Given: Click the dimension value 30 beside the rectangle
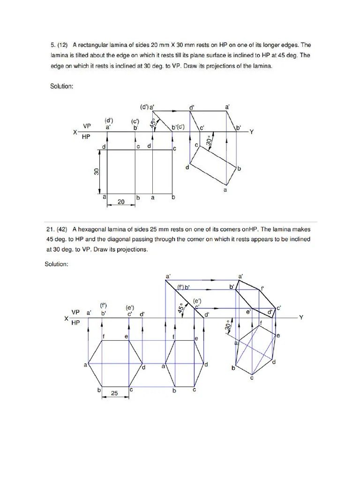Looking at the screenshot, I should [97, 172].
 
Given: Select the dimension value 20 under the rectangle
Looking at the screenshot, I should [120, 202].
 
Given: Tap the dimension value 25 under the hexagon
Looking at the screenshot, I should [115, 394].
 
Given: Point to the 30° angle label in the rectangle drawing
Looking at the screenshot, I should [209, 140].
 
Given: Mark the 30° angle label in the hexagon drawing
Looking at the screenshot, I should [228, 325].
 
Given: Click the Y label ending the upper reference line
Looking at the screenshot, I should [251, 132].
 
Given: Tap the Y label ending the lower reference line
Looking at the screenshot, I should [301, 317].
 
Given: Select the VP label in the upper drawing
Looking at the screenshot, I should [87, 126].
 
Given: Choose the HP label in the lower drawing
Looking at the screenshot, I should [76, 322].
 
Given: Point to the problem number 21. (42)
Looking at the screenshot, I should [57, 230].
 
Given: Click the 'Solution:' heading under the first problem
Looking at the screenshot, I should [62, 86].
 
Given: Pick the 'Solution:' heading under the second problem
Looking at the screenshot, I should [57, 265].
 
